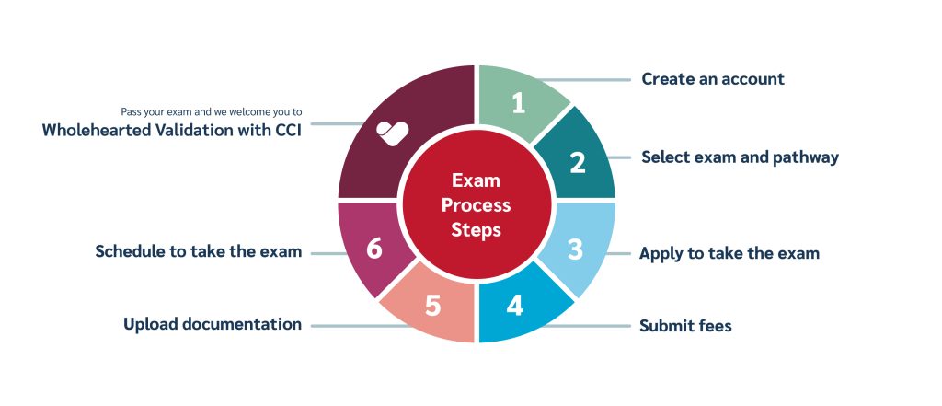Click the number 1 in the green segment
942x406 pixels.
point(519,103)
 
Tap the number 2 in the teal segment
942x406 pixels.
point(578,162)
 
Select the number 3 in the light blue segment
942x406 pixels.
point(576,249)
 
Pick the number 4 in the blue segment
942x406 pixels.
point(515,306)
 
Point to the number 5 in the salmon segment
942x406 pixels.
point(433,306)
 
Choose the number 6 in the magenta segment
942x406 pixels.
point(374,249)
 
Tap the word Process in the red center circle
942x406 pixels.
point(477,205)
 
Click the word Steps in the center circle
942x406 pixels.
point(477,230)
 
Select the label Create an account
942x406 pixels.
point(713,79)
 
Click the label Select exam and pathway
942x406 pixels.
point(741,157)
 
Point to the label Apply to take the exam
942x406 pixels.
point(729,253)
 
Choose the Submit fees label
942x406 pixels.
point(685,326)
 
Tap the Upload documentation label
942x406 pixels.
point(213,324)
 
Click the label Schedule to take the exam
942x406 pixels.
point(199,251)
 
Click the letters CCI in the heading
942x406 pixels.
point(287,130)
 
